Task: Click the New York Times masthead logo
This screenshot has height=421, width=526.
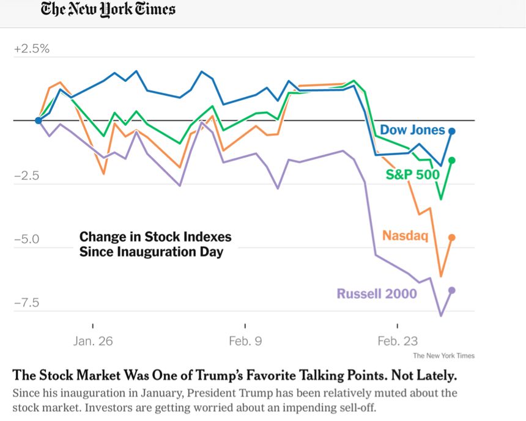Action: [108, 10]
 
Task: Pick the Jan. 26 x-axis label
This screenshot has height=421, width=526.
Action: [93, 341]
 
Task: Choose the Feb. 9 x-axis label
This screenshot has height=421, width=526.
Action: [245, 341]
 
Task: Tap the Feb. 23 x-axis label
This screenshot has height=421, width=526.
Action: [398, 341]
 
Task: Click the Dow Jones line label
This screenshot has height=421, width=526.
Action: [412, 130]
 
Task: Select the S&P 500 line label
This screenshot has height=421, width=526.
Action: [412, 175]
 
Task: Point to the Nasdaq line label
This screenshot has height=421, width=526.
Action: [405, 235]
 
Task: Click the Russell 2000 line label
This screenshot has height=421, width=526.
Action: [377, 294]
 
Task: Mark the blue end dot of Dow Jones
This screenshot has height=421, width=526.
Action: [451, 131]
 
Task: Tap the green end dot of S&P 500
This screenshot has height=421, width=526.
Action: [452, 160]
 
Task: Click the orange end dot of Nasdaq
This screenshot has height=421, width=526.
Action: [452, 237]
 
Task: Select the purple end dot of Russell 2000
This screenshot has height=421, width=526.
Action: [452, 290]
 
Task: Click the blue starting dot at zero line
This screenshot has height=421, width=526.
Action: [39, 120]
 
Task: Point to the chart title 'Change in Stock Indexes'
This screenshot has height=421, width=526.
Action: [155, 237]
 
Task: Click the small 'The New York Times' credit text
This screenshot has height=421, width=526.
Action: [443, 356]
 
